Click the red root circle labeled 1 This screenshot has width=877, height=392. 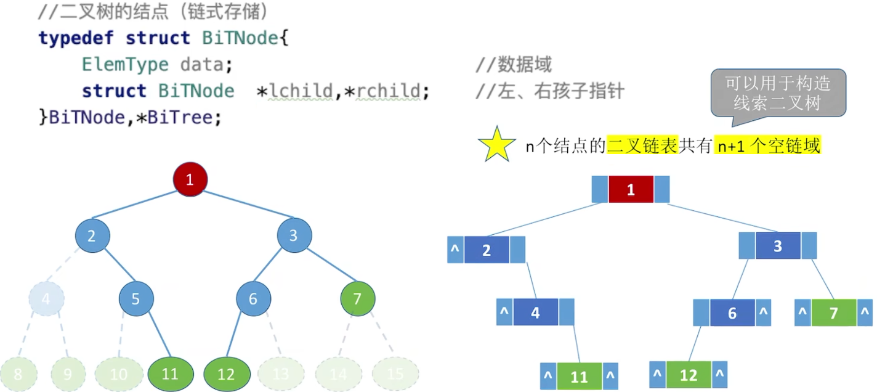pos(190,179)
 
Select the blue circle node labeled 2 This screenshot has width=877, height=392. pos(92,235)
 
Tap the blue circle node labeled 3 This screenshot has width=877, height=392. pos(294,235)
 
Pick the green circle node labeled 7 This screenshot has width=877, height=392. pos(357,300)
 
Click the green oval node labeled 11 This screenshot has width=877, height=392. pos(171,374)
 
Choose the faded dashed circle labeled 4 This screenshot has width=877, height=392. pos(46,300)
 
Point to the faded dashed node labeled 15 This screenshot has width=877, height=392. pos(395,374)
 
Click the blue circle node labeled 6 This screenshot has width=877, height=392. pos(253,300)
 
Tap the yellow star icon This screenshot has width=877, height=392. pos(496,145)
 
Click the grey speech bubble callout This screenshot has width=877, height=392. pos(778,92)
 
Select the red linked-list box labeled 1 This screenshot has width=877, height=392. pos(631,189)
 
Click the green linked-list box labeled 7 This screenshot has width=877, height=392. pos(834,313)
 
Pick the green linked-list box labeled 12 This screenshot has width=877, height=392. pos(689,375)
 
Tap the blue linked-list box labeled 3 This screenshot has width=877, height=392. pos(778,247)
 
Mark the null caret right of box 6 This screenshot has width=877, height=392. pos(764,313)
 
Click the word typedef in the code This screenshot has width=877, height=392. pos(76,38)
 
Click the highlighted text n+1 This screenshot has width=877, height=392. pos(730,147)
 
